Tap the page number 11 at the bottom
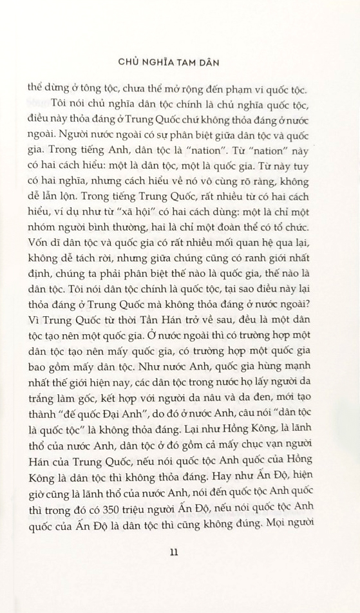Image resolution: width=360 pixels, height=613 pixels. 180,551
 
